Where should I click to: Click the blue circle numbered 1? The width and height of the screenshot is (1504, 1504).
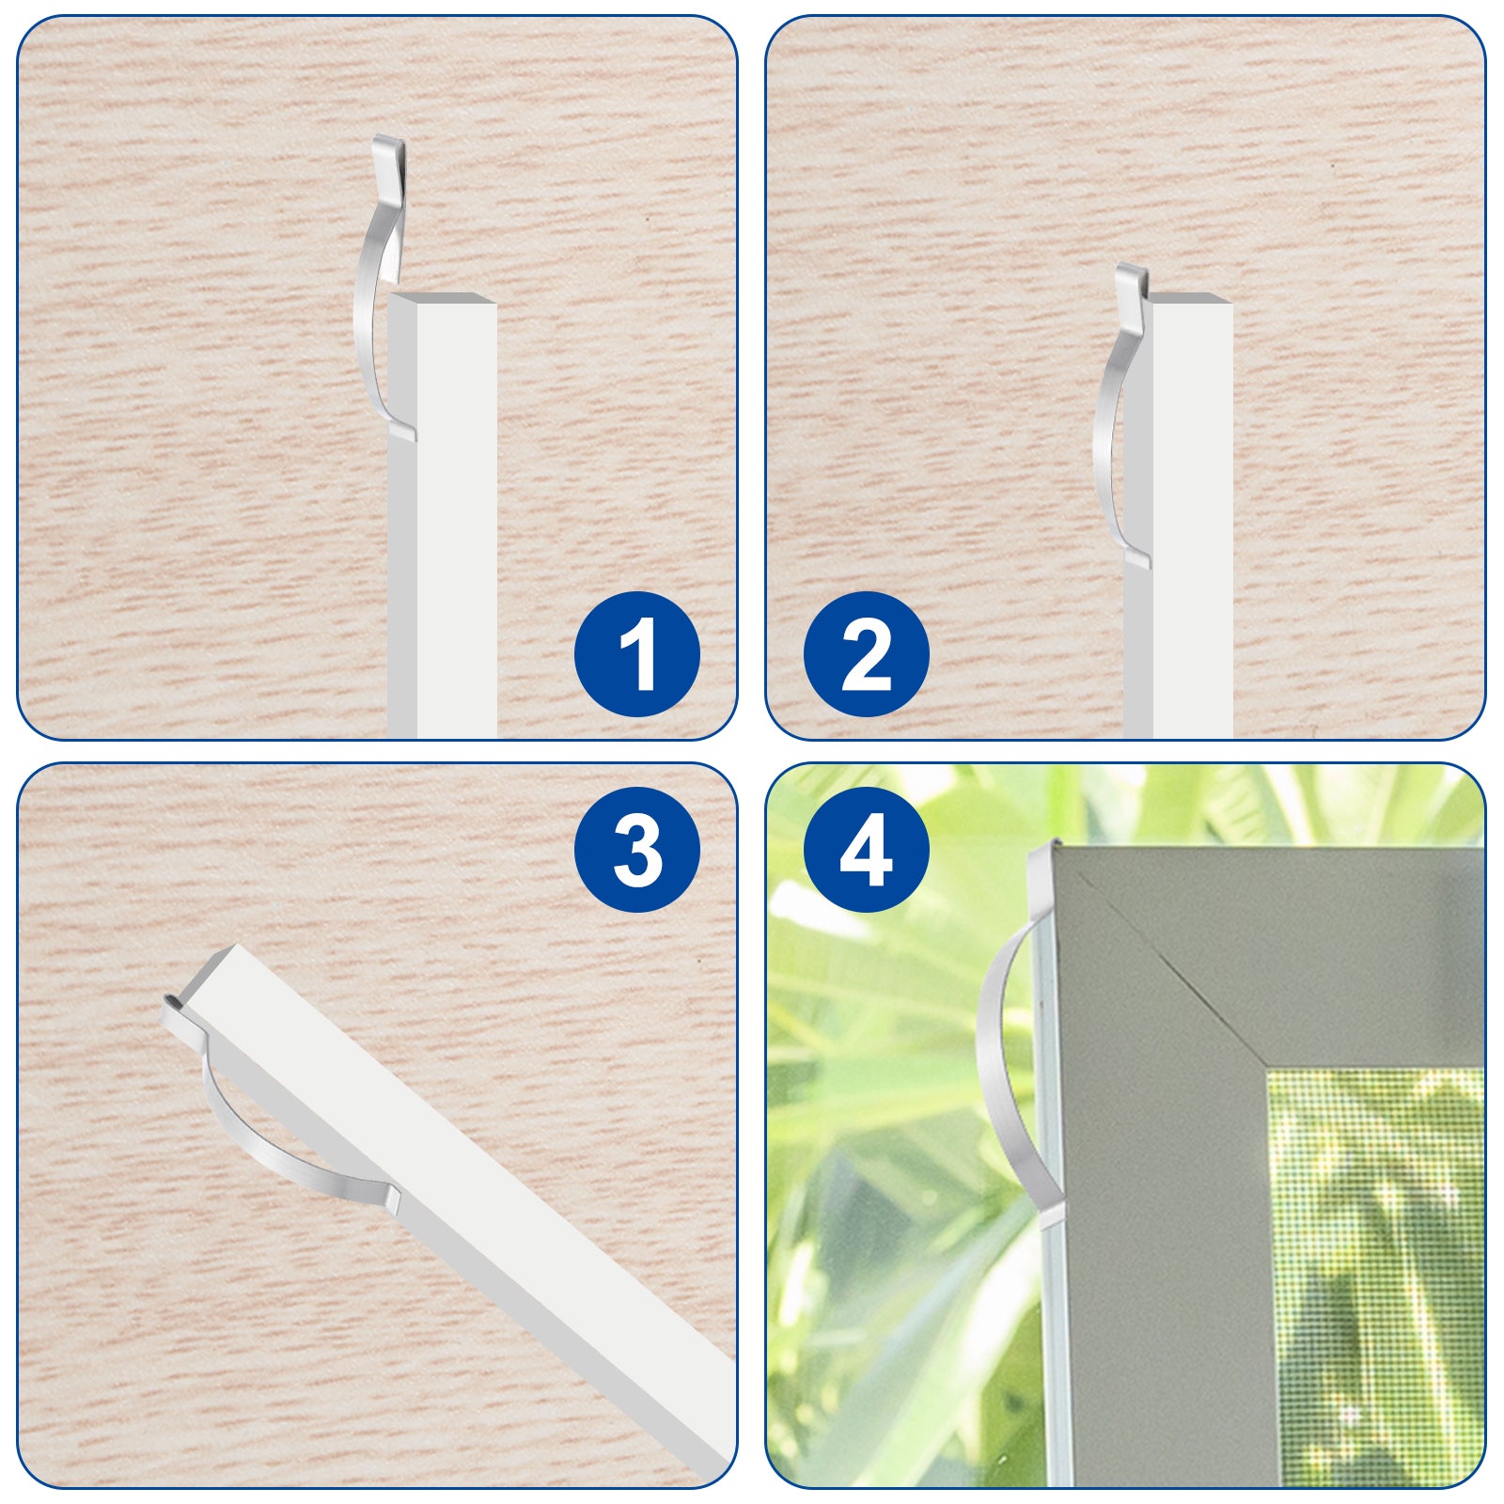pos(637,654)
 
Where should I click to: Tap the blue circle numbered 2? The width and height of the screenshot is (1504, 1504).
pos(867,654)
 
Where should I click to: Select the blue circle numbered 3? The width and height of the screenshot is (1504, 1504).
pos(637,850)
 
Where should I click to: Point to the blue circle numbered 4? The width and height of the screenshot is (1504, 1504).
pos(867,850)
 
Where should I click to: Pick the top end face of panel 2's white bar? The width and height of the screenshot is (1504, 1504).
pos(1191,298)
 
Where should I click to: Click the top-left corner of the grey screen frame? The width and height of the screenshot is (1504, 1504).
pos(1056,845)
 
